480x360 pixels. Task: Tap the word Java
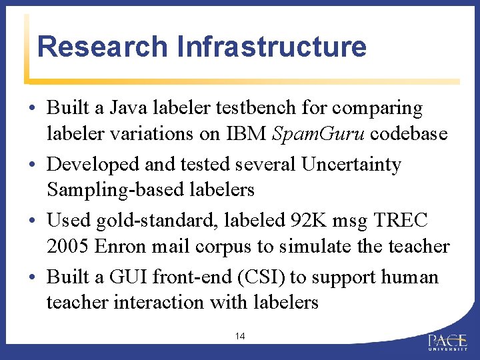tap(131, 108)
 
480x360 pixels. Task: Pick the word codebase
tap(409, 133)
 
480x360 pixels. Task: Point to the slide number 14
tap(240, 337)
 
